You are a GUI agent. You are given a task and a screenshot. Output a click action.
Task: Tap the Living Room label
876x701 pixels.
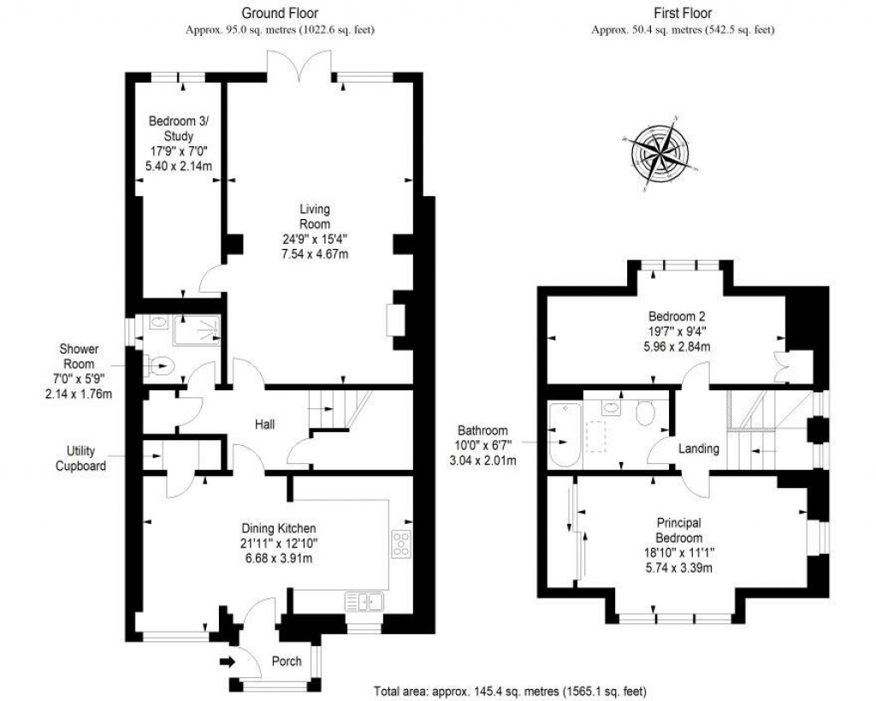pos(314,216)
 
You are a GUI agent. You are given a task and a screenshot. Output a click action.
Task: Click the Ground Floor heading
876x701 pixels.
pos(280,13)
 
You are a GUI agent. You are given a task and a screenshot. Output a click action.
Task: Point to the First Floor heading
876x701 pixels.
pos(682,13)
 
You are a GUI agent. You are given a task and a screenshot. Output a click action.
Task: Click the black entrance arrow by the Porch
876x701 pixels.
pos(228,661)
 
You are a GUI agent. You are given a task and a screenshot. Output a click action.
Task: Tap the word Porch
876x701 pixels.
pos(287,662)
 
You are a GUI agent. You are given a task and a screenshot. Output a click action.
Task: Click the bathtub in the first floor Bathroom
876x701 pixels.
pos(561,434)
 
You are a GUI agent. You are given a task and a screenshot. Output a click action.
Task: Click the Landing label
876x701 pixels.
pos(698,449)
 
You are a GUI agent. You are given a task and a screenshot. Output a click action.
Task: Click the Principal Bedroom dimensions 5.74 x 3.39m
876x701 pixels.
pos(679,567)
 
